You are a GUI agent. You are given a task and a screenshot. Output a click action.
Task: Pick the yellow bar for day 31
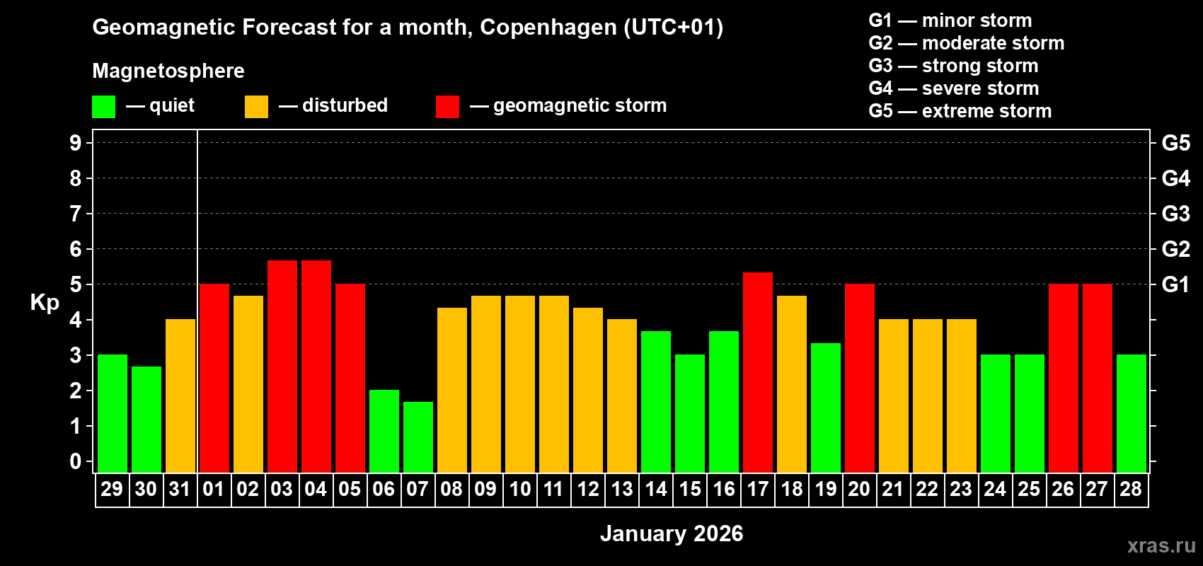[x=180, y=395]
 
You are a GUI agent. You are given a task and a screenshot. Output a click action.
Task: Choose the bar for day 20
[x=860, y=378]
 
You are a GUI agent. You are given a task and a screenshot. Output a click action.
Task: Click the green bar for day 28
[x=1132, y=413]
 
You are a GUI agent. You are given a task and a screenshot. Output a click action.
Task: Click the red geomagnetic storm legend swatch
[x=447, y=107]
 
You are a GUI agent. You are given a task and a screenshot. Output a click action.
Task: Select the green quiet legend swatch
[x=104, y=107]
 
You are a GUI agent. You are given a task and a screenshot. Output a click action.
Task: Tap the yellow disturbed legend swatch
[x=256, y=107]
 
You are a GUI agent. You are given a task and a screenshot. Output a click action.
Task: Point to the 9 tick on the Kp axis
[x=76, y=143]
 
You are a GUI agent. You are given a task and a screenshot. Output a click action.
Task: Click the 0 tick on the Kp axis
[x=76, y=462]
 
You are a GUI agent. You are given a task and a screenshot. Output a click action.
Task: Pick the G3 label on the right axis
[x=1175, y=214]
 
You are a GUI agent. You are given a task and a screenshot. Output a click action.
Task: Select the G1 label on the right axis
[x=1175, y=284]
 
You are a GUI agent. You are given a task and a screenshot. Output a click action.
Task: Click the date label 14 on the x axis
[x=656, y=490]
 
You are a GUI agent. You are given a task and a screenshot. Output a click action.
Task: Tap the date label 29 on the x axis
[x=112, y=490]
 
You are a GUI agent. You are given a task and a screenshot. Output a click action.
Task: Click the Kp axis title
[x=45, y=303]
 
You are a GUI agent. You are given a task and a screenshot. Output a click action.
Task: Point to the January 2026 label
[x=672, y=533]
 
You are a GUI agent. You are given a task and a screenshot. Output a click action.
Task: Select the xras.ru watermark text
[x=1161, y=545]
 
